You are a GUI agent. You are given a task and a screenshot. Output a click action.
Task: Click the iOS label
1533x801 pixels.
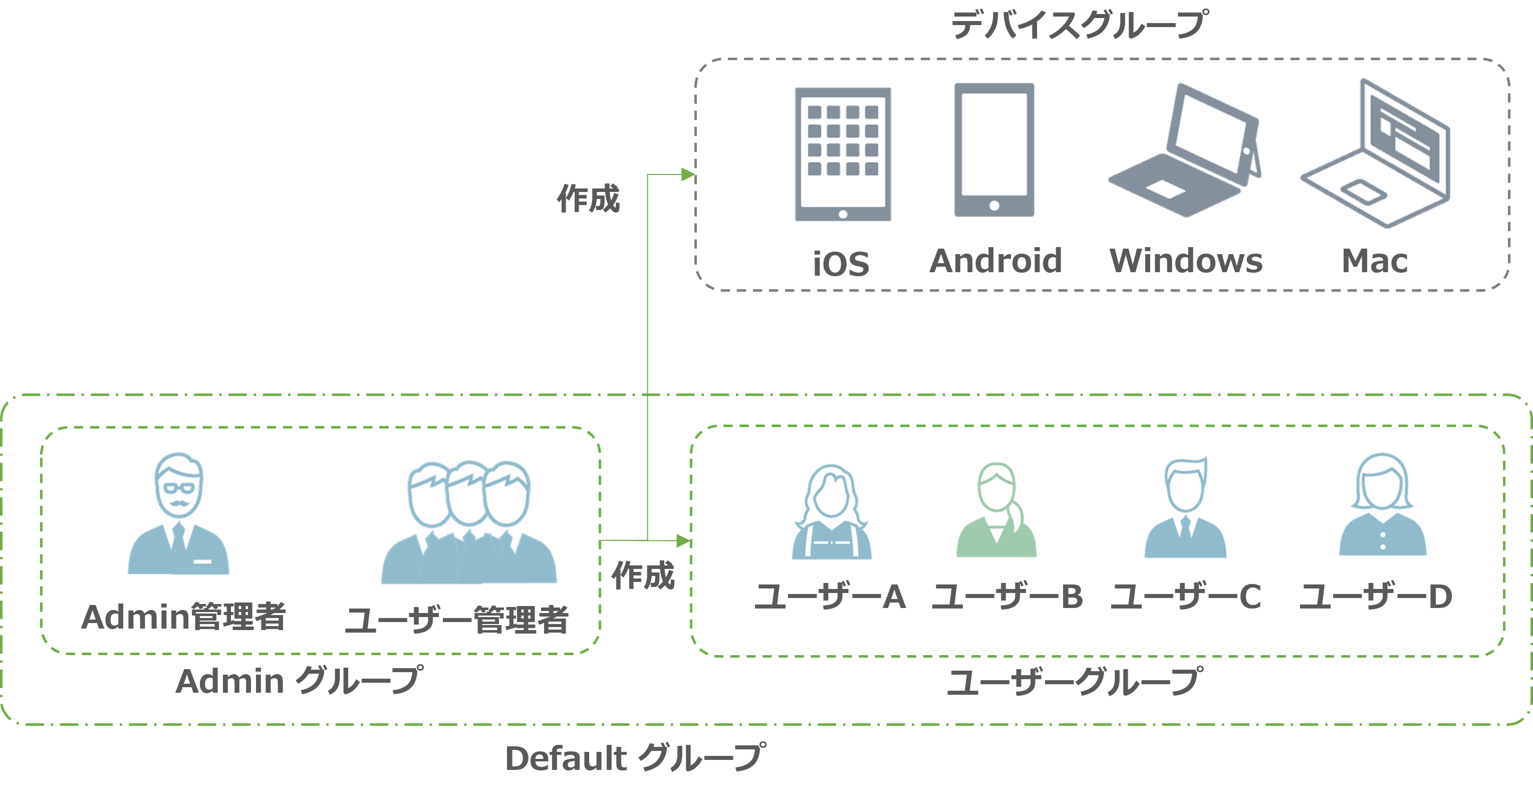pos(841,264)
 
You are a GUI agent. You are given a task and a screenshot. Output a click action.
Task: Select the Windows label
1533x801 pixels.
pos(1186,261)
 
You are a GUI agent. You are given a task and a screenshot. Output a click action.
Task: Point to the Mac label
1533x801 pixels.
pos(1375,261)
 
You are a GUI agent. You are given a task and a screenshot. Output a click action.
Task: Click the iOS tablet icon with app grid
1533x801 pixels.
pos(843,154)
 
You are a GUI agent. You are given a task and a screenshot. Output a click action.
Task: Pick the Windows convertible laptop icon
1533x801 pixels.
pos(1185,152)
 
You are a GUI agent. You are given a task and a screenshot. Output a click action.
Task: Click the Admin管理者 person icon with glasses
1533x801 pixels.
pos(178,515)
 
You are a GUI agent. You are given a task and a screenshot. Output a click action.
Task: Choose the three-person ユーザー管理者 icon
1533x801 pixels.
pos(469,523)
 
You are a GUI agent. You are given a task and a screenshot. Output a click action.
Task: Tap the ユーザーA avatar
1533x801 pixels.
pos(831,512)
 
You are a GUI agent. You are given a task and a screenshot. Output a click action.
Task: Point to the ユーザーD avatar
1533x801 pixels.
pos(1382,506)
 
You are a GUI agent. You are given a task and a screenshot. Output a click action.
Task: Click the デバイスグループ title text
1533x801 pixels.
pos(1078,26)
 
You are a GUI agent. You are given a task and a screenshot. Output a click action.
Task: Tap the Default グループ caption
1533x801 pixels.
pos(634,758)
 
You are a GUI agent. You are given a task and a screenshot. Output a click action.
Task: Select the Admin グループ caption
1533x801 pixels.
pos(300,681)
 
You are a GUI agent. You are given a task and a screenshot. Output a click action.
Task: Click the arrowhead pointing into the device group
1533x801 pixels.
pos(688,174)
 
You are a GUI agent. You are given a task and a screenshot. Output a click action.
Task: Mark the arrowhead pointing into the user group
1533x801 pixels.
pos(683,541)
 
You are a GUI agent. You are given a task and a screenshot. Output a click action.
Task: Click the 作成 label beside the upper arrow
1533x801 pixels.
pos(588,198)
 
